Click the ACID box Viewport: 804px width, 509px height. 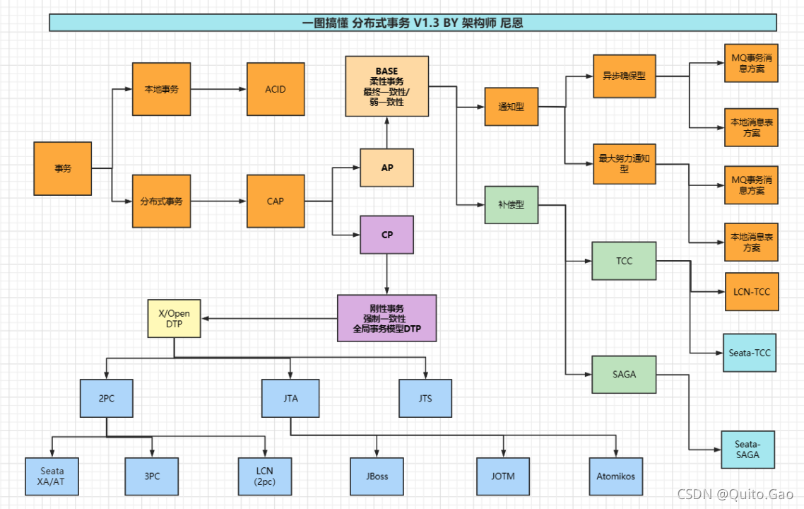[276, 89]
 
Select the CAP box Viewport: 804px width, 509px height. [276, 201]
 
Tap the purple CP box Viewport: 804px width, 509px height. [386, 235]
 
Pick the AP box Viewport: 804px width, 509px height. [386, 168]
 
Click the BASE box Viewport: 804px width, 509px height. [386, 86]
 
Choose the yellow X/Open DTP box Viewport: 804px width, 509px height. [174, 319]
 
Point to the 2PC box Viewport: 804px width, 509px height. [107, 398]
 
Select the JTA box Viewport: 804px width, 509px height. [290, 398]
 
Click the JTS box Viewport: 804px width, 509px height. [425, 398]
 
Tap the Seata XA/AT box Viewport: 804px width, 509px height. [52, 476]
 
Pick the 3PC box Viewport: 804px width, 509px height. [152, 476]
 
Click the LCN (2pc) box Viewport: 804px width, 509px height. [264, 476]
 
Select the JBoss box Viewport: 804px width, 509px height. [377, 476]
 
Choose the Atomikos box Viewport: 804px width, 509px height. [616, 476]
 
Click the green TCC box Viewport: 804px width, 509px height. [624, 261]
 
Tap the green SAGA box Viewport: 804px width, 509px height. [624, 375]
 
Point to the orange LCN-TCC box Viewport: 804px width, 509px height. [752, 291]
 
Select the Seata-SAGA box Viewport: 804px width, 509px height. [747, 450]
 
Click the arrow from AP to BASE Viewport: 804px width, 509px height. [386, 133]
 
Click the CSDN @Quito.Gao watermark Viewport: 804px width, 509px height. [735, 494]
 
